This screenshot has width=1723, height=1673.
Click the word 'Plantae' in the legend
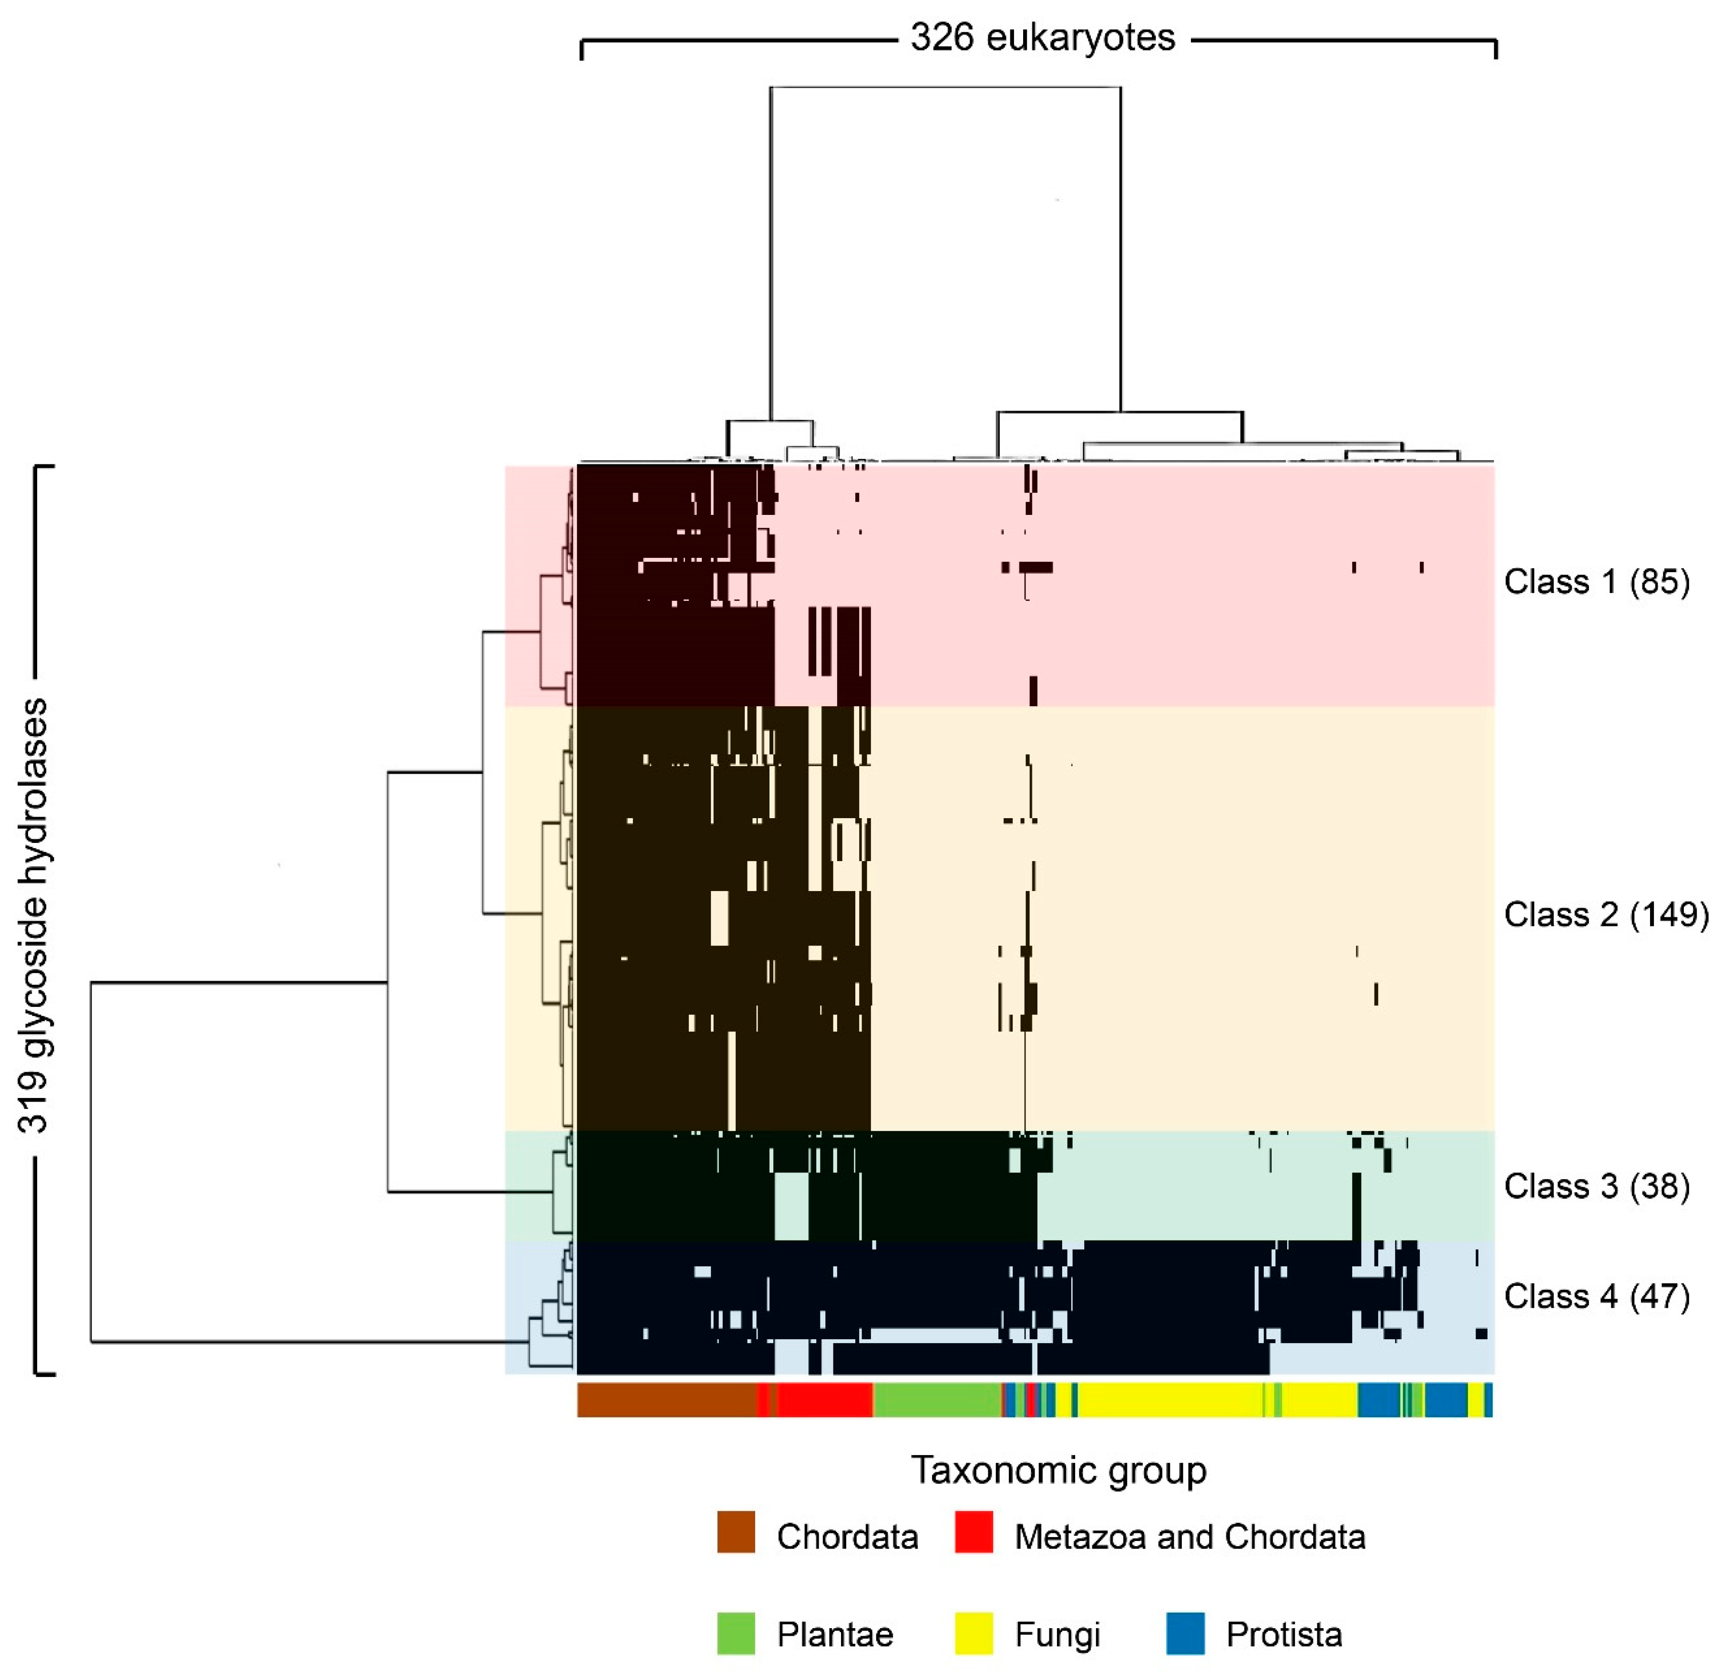pos(834,1635)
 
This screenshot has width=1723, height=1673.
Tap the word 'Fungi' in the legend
pos(1056,1635)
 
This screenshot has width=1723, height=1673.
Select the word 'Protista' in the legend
pos(1283,1635)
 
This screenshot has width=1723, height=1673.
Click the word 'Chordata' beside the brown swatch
pos(847,1537)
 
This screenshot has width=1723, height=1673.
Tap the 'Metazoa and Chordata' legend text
pos(1190,1537)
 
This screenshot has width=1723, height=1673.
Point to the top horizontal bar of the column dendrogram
pos(945,87)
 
